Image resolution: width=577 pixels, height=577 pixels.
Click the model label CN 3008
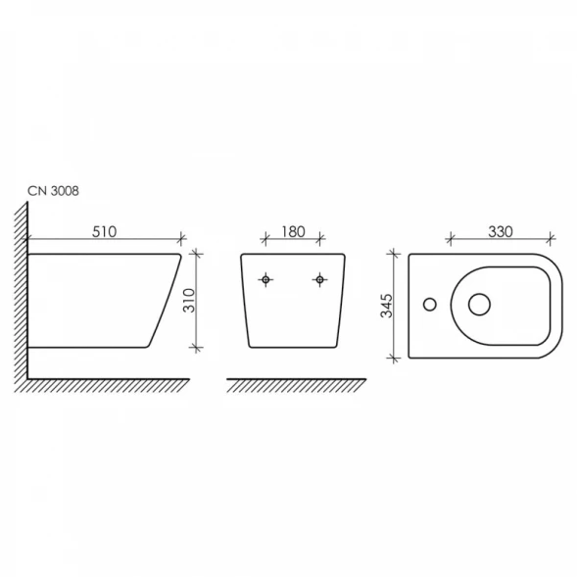(x=53, y=191)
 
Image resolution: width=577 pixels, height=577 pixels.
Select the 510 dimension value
(x=104, y=232)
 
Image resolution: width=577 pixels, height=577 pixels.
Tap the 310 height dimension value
(x=189, y=301)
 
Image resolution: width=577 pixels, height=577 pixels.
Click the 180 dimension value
(x=293, y=232)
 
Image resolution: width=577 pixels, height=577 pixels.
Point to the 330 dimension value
(x=501, y=232)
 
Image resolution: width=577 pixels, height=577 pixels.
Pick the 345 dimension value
(x=386, y=306)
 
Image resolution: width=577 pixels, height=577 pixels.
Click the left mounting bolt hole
(x=265, y=279)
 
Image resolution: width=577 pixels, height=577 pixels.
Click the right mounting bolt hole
(x=319, y=279)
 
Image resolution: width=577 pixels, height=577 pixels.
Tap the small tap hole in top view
(x=430, y=305)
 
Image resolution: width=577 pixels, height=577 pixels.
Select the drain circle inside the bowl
(x=479, y=305)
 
